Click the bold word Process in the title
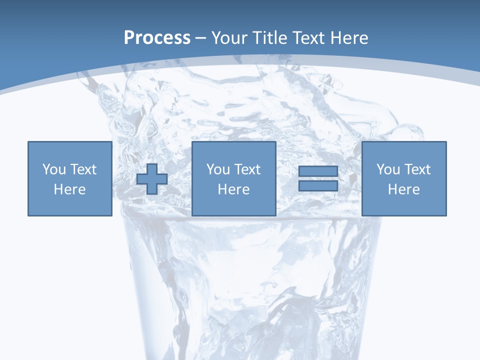157,38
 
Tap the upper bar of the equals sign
318,171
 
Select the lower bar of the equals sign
318,185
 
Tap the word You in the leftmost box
54,169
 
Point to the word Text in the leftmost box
83,169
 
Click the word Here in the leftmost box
70,189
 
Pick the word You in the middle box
218,169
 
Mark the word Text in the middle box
247,169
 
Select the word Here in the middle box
233,189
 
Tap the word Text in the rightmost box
417,169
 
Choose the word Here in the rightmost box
404,189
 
